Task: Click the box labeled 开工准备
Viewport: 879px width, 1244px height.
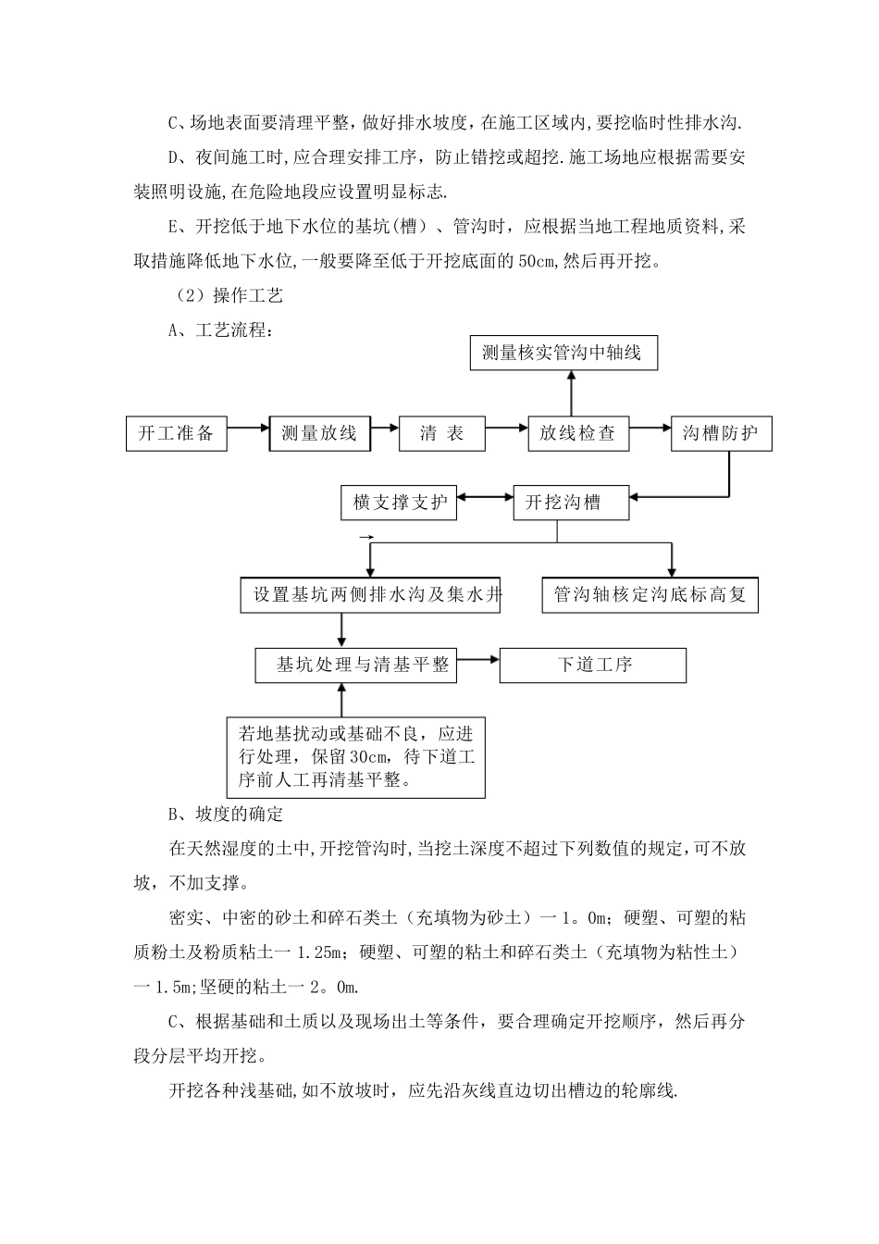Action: click(x=176, y=433)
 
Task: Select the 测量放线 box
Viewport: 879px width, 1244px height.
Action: click(x=319, y=433)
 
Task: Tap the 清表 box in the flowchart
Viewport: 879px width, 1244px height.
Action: click(x=441, y=433)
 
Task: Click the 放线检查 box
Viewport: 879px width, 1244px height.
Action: click(x=576, y=433)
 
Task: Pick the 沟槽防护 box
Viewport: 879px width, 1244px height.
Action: click(x=721, y=433)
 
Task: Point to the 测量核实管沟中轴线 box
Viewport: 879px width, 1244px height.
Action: click(x=562, y=353)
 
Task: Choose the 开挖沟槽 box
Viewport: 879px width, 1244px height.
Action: click(x=571, y=503)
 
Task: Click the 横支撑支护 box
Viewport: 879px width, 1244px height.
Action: click(x=399, y=503)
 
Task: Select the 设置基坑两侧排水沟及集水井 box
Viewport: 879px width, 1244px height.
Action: click(x=370, y=594)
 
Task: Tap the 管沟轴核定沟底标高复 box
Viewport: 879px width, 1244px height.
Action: click(x=650, y=594)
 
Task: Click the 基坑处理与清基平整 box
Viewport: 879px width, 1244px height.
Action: click(x=355, y=665)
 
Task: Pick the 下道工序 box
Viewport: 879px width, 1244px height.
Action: click(x=593, y=665)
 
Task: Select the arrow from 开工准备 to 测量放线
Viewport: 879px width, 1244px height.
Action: click(x=248, y=429)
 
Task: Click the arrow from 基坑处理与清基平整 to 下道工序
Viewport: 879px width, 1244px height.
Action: click(x=477, y=660)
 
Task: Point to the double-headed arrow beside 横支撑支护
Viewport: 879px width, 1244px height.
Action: click(x=485, y=499)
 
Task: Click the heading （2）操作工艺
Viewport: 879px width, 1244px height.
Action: click(x=225, y=295)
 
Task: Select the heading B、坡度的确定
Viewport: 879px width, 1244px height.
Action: click(x=226, y=815)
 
